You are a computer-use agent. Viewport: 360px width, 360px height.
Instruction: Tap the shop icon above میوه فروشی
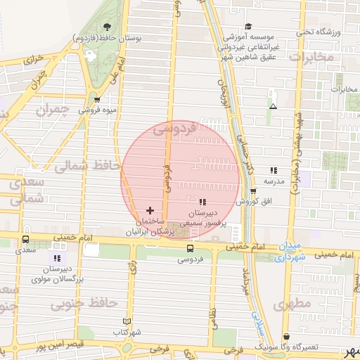tap(97, 100)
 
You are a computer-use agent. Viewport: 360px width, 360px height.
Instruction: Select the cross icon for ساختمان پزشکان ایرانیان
tap(149, 210)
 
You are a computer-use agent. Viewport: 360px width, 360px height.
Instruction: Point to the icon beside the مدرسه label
tap(273, 170)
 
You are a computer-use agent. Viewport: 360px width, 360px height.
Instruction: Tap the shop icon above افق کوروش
tap(252, 191)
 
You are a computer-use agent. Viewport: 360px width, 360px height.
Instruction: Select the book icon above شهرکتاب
tap(127, 321)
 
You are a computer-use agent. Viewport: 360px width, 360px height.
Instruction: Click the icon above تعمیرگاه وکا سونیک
tap(285, 336)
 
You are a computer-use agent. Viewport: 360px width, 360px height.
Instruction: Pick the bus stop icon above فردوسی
tap(190, 248)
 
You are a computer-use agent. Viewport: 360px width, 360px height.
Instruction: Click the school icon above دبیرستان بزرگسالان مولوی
tap(57, 259)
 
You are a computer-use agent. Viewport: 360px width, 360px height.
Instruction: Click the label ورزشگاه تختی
tap(326, 32)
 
